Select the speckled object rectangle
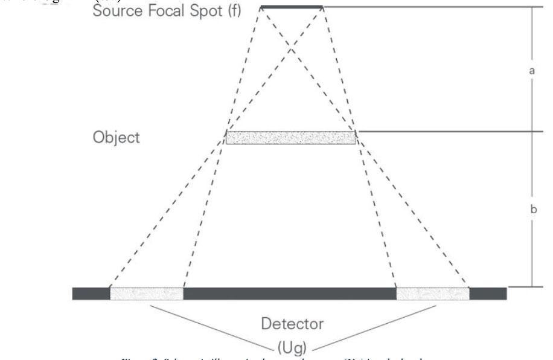click(x=290, y=138)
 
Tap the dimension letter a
click(x=532, y=71)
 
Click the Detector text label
click(x=292, y=324)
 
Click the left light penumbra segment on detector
click(x=147, y=294)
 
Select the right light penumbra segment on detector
click(x=432, y=294)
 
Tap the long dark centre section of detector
click(x=290, y=294)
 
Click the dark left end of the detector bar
click(x=91, y=294)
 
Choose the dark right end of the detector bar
click(x=488, y=294)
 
